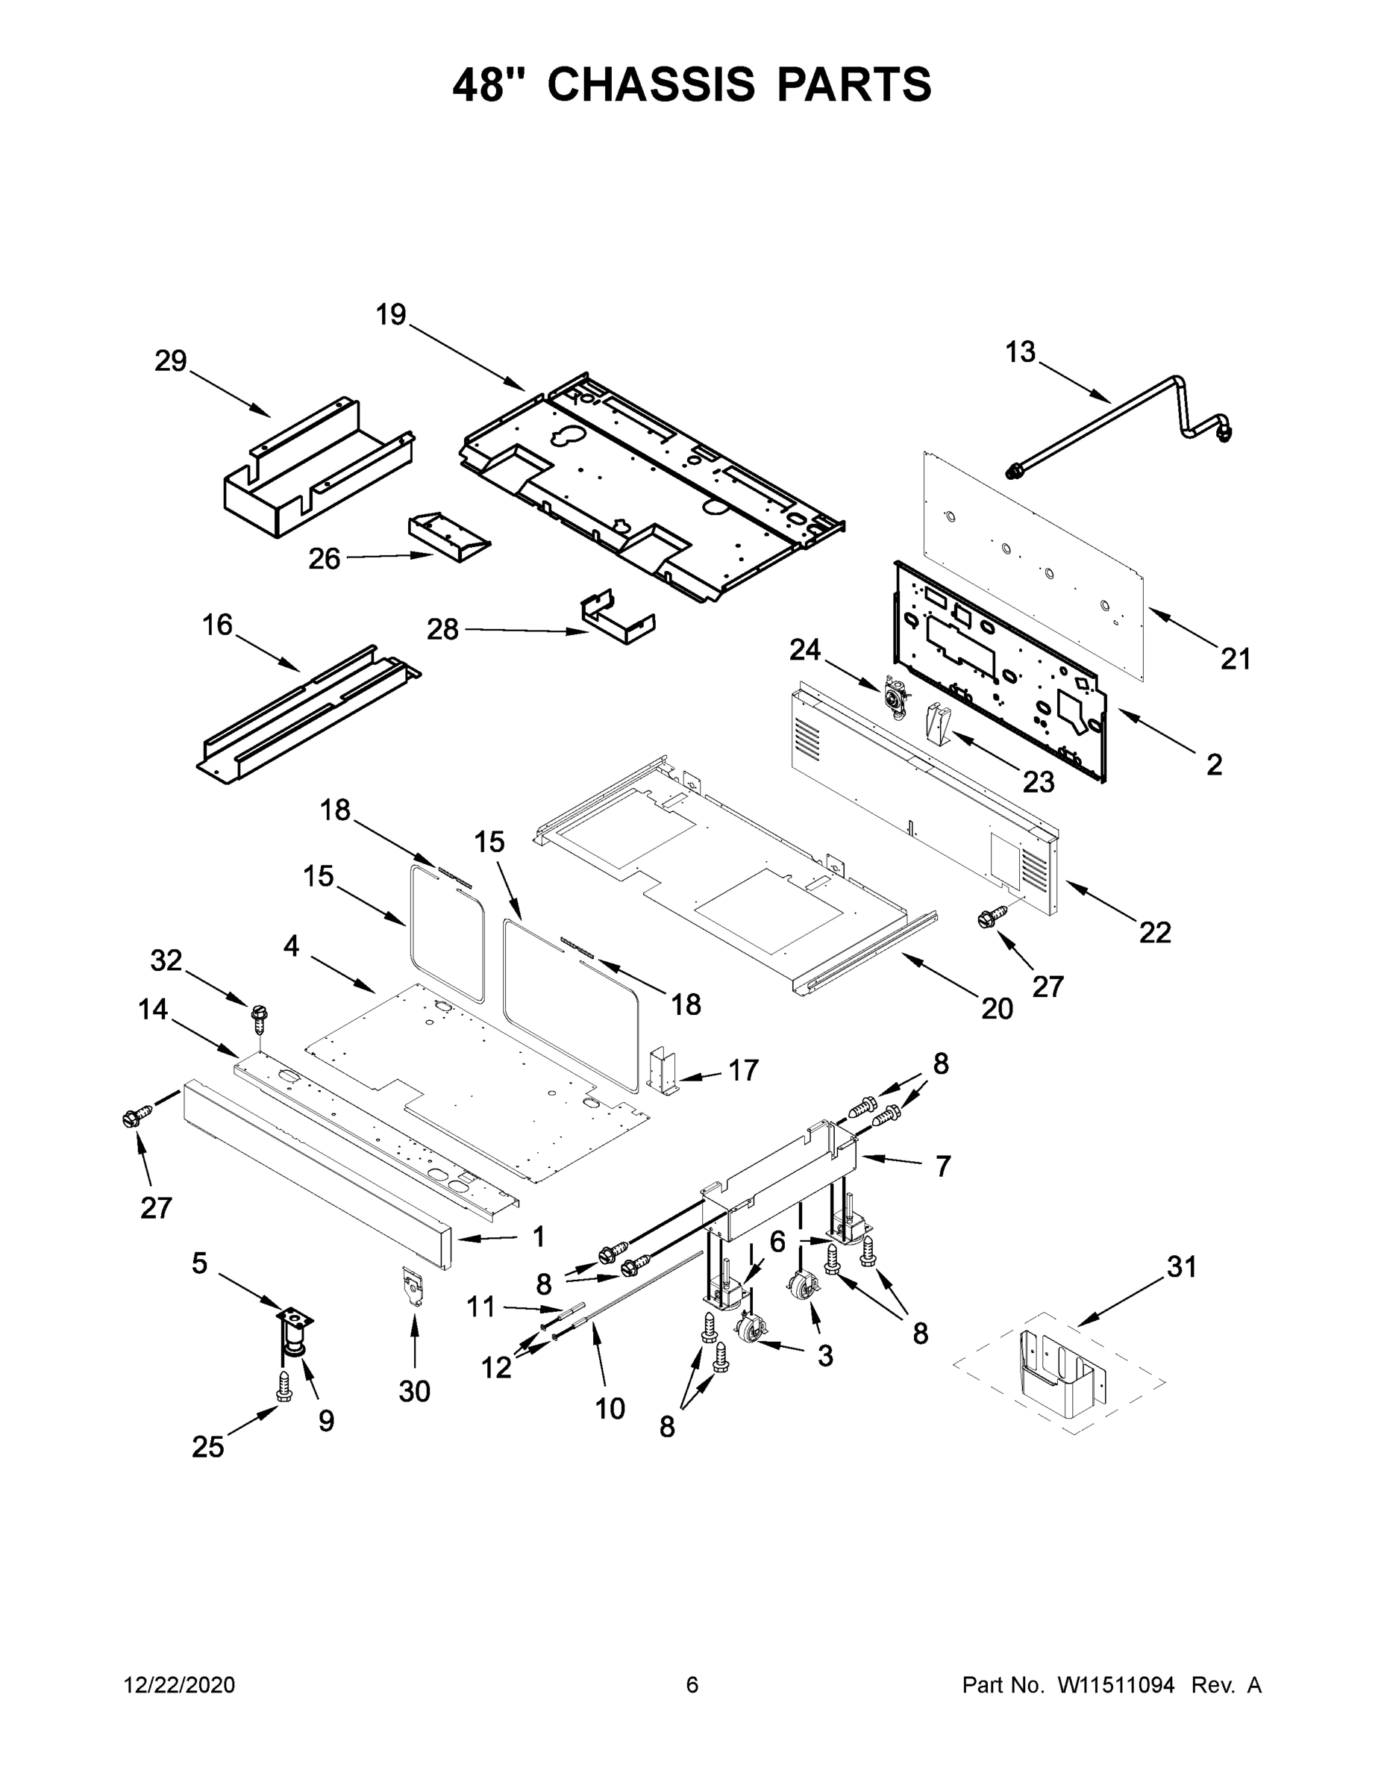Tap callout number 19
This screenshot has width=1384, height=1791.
[391, 314]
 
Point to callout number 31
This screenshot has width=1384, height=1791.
[1182, 1267]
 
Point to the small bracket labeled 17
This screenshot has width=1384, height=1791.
[663, 1070]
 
